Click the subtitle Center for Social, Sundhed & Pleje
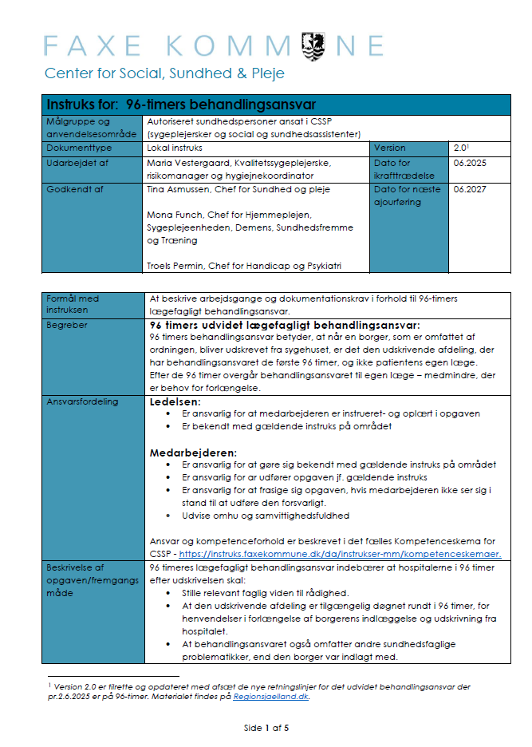[164, 73]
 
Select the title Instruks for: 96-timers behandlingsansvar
[182, 105]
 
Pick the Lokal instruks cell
[175, 148]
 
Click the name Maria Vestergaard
[190, 163]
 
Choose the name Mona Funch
[175, 215]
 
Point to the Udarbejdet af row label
[77, 163]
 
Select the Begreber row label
[68, 325]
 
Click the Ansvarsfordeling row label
[82, 402]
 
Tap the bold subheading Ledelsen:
[175, 401]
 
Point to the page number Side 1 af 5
[266, 728]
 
